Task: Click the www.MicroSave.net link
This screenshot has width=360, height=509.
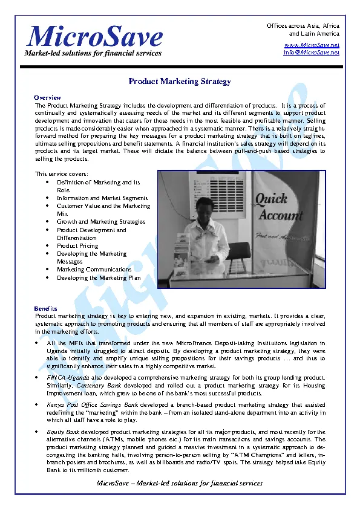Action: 312,45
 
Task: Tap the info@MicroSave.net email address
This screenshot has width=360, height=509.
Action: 312,53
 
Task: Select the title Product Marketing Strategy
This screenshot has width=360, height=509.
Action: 180,82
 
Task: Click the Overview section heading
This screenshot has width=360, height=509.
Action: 47,97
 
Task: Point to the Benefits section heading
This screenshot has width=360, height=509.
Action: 46,308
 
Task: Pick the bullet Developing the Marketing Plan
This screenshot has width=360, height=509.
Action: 99,277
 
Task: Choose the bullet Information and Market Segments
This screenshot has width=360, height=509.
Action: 102,198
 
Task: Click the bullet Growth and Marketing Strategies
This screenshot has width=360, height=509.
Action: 101,222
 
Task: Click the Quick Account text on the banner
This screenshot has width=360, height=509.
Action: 279,207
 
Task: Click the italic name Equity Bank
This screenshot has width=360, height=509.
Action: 63,433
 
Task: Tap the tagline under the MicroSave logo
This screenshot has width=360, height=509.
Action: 93,53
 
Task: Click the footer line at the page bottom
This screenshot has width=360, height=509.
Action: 180,483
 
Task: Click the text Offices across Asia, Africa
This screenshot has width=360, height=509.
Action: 303,27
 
